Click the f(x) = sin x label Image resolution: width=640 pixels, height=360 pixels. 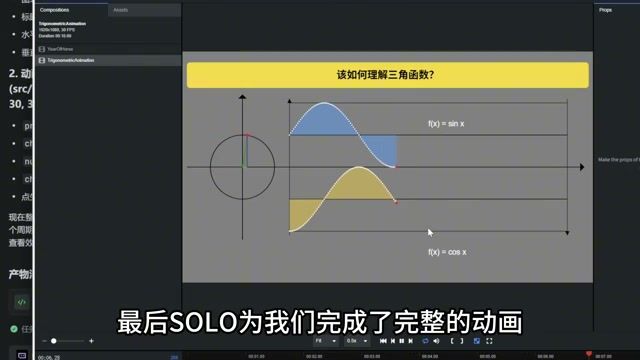(448, 124)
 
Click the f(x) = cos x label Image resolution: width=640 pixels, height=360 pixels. (448, 252)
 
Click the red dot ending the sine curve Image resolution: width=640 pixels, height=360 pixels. (396, 166)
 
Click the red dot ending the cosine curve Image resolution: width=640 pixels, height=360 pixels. (396, 202)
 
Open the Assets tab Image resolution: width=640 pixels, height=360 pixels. (120, 9)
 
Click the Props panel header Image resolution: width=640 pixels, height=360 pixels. (605, 9)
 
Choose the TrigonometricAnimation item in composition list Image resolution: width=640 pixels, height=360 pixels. (71, 60)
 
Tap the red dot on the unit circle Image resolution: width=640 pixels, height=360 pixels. (247, 135)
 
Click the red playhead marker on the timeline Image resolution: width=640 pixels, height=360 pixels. (588, 353)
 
